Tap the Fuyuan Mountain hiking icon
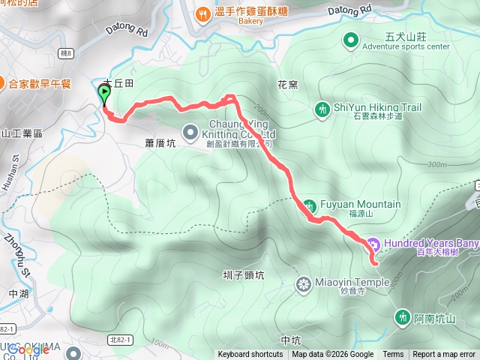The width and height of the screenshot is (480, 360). pos(309,205)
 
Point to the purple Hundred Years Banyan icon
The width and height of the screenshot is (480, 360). pos(373,244)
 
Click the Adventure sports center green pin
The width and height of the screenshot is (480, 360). pos(350,40)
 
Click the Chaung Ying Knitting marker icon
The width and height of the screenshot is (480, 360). pos(188,129)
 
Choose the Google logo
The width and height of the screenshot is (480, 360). pos(28,349)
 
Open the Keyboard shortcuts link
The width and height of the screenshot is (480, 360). pos(250,355)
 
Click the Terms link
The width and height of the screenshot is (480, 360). pos(393,355)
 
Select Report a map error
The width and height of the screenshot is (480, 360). pos(444,355)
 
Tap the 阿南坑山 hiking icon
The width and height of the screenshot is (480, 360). pos(403,317)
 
